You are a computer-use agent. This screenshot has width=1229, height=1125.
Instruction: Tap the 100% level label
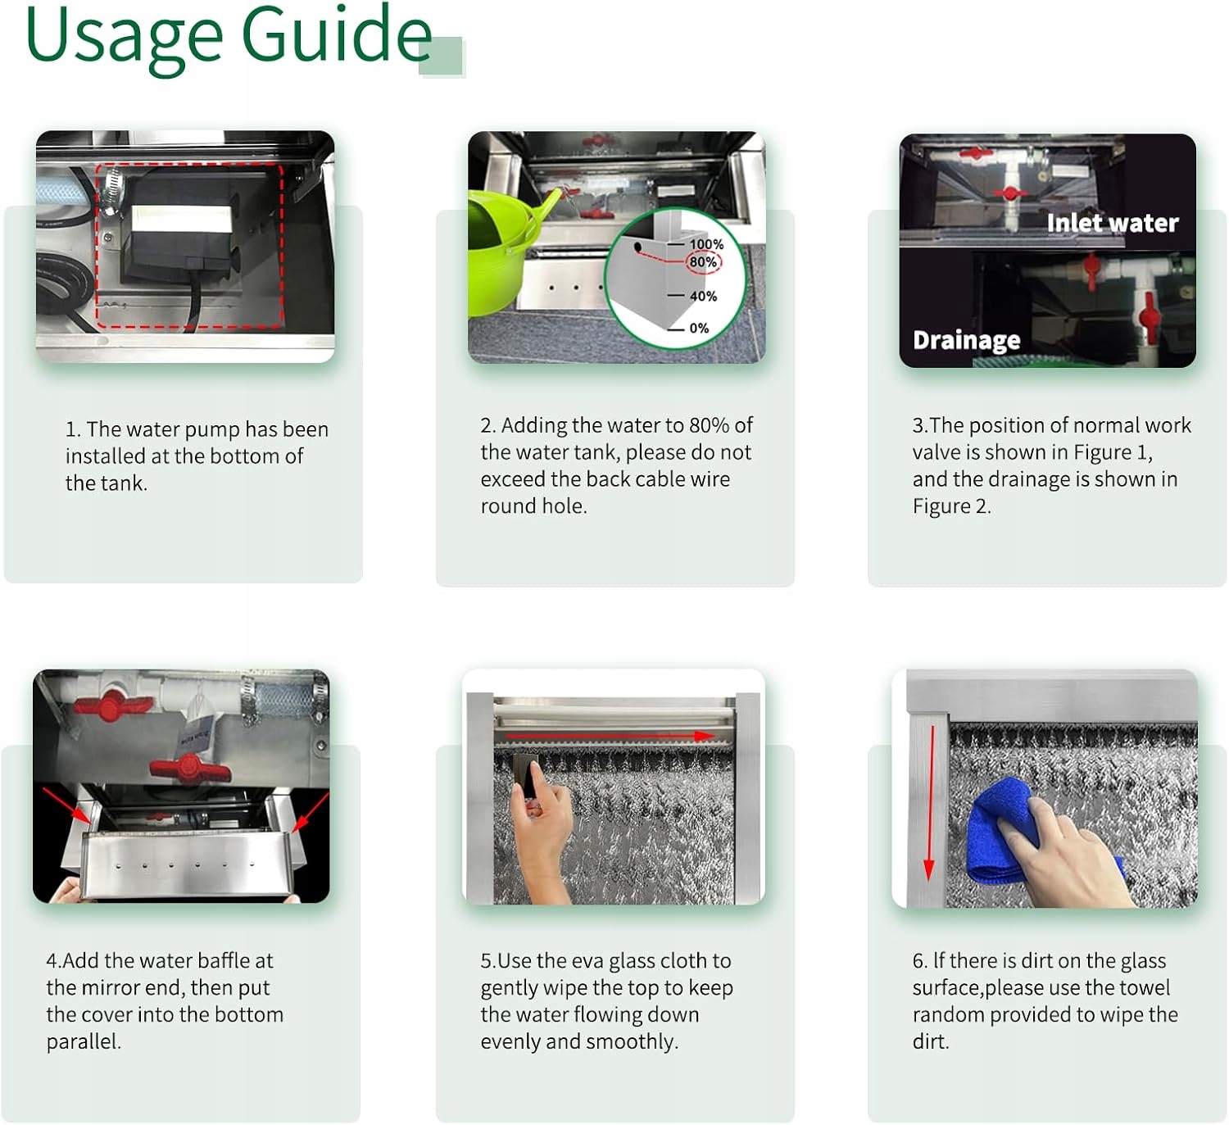click(x=706, y=244)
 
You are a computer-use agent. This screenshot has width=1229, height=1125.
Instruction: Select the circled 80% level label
click(x=703, y=262)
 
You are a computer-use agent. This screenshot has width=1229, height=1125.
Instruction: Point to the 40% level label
click(x=703, y=296)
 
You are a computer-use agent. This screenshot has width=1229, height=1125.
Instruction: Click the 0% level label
click(x=699, y=328)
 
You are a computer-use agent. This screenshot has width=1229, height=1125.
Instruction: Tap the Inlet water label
click(x=1112, y=223)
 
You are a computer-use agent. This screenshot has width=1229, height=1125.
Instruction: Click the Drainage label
click(x=966, y=340)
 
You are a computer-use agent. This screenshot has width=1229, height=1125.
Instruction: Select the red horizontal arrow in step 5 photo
click(x=610, y=735)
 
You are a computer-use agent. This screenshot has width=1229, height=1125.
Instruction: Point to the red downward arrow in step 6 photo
click(x=929, y=803)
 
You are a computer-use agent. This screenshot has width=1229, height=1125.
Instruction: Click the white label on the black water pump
click(x=181, y=219)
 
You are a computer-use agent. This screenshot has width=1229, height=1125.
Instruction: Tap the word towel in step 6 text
click(x=1145, y=987)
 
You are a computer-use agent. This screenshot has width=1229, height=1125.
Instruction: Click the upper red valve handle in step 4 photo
click(x=112, y=705)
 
